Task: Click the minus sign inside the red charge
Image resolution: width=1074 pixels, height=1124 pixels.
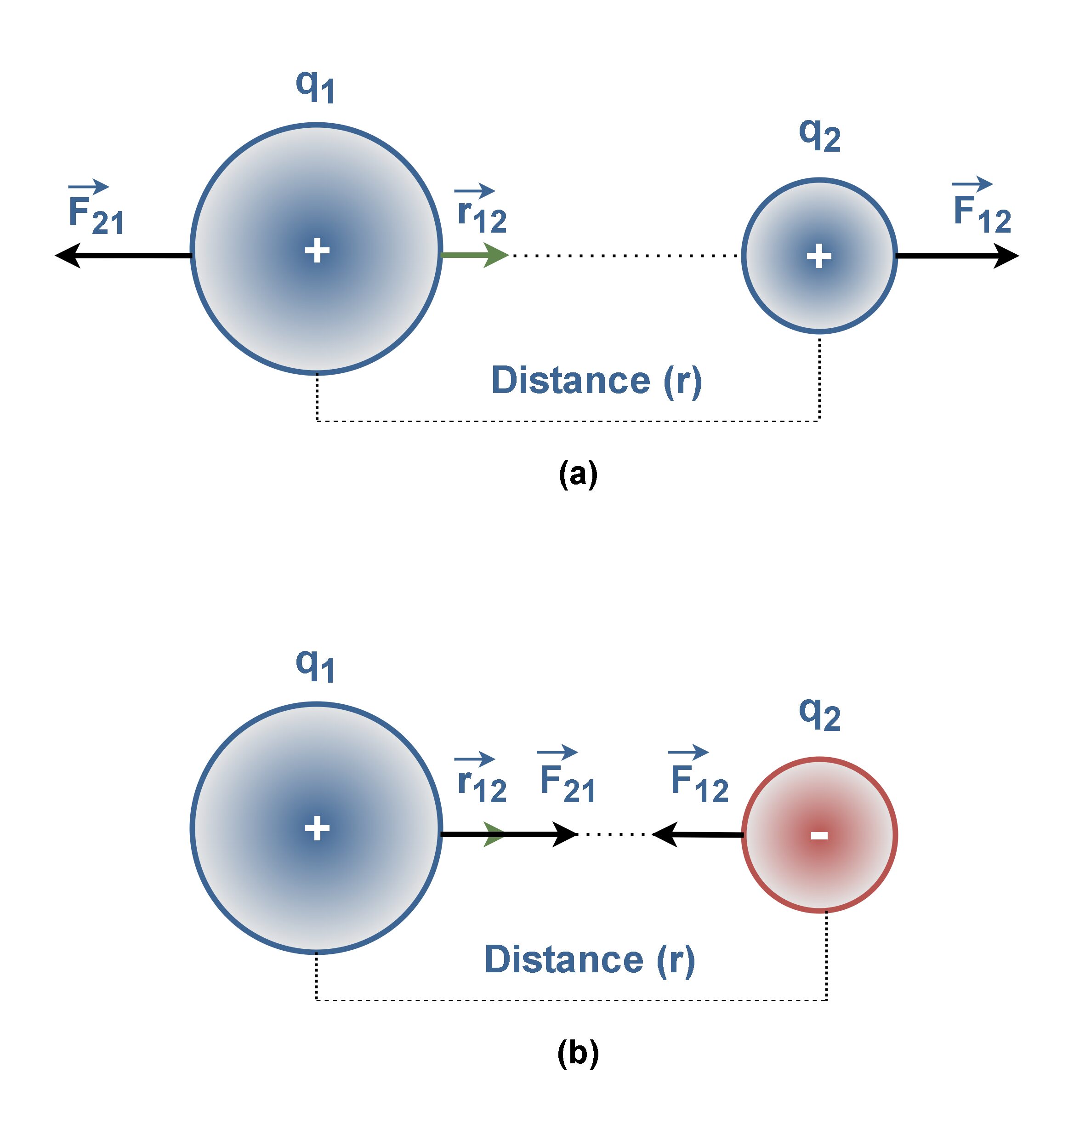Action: point(819,835)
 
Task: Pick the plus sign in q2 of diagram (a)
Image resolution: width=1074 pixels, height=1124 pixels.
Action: point(818,256)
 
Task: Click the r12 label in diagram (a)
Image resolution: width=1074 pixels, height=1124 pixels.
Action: point(482,211)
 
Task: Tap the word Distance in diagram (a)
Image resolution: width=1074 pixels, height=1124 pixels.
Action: point(570,380)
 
